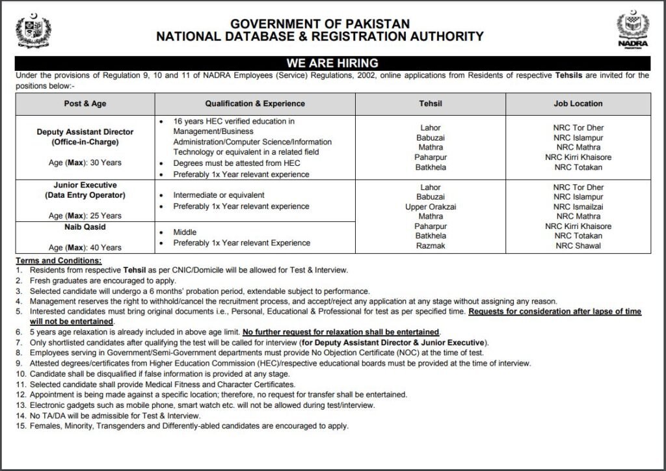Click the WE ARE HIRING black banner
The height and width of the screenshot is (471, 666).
[332, 63]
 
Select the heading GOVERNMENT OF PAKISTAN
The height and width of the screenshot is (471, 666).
[319, 24]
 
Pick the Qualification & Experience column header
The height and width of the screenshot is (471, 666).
[255, 103]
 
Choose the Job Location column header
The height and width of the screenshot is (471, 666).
[578, 103]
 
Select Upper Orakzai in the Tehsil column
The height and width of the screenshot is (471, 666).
[431, 207]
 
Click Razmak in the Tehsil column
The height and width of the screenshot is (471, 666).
[431, 246]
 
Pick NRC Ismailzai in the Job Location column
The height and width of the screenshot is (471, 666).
[578, 207]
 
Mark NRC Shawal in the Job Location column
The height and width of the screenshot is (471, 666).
[578, 246]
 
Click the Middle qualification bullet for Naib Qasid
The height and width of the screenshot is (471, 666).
[185, 232]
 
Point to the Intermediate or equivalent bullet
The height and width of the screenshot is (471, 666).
[219, 195]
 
